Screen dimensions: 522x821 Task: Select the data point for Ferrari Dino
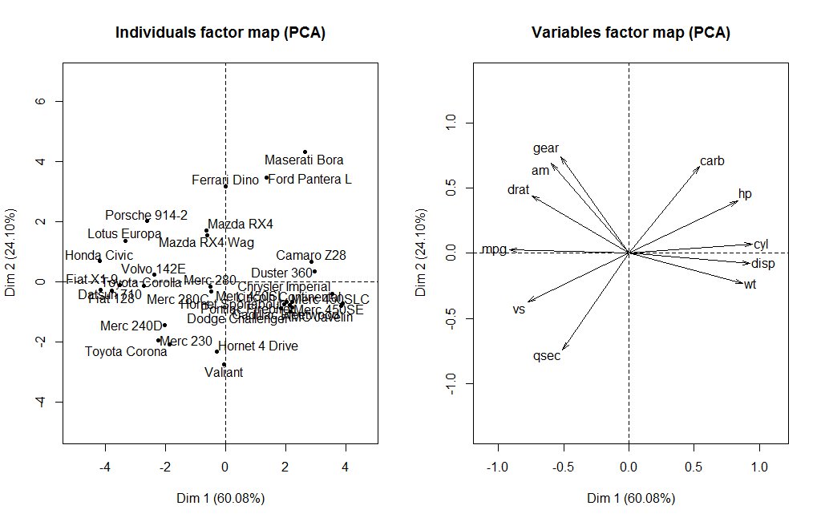click(x=226, y=186)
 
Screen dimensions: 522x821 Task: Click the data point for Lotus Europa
click(x=125, y=241)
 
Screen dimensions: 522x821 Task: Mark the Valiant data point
click(x=224, y=365)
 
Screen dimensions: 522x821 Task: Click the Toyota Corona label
click(x=126, y=351)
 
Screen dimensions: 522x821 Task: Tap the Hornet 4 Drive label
click(x=258, y=346)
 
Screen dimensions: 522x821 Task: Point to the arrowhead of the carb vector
click(x=698, y=165)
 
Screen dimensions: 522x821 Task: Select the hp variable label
click(x=745, y=194)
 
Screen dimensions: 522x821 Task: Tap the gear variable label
click(x=546, y=148)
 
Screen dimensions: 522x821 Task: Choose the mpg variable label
click(x=494, y=249)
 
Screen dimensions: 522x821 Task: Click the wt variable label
click(x=750, y=284)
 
